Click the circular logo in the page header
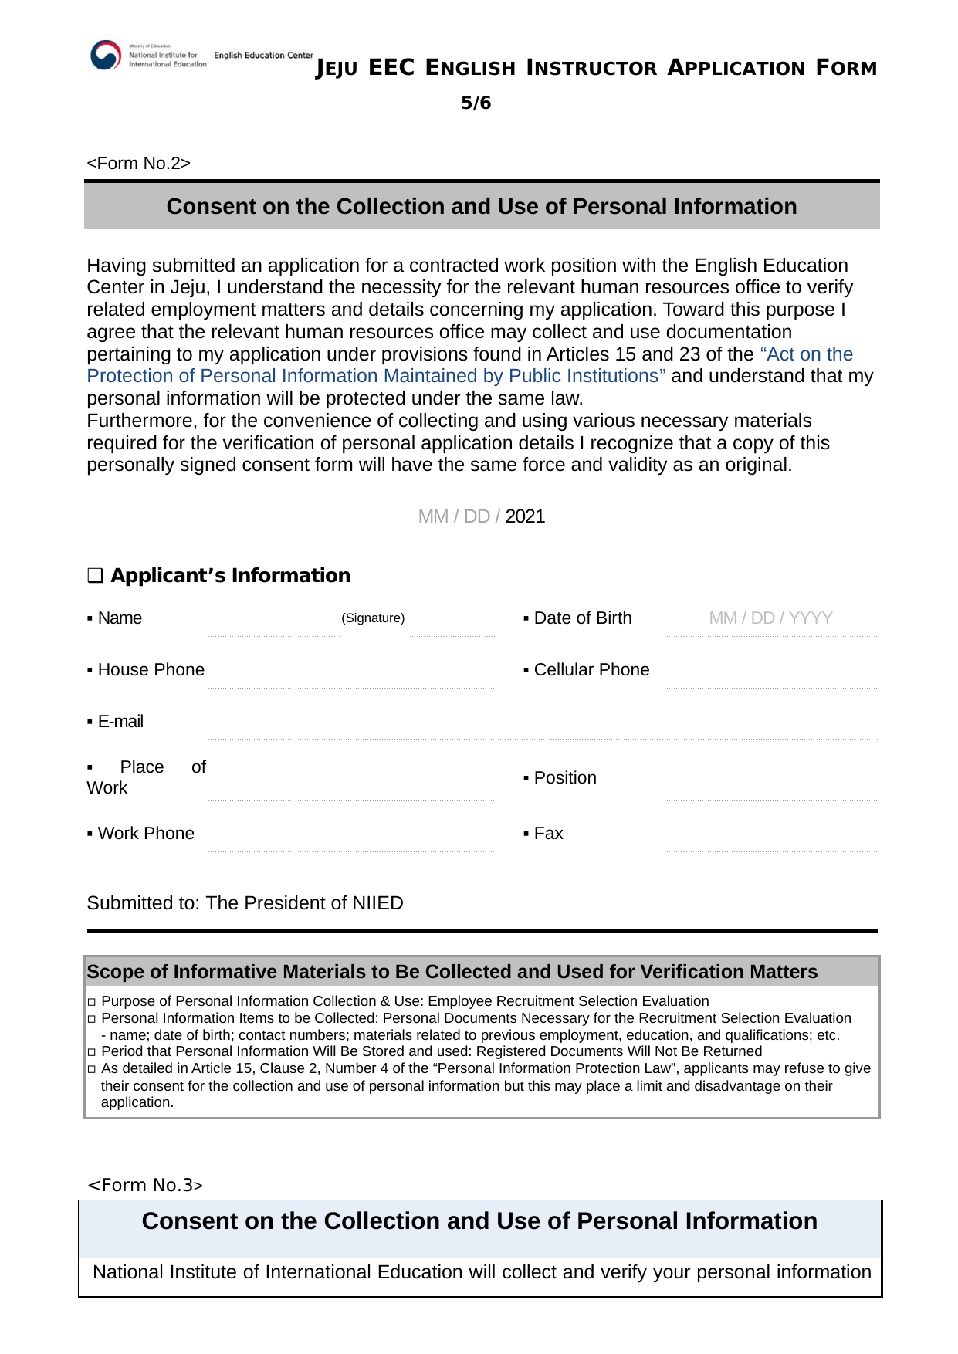click(x=106, y=56)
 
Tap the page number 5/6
click(x=476, y=103)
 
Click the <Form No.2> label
click(x=138, y=164)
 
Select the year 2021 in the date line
click(x=525, y=516)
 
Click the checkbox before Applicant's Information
click(x=95, y=576)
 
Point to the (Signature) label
click(x=373, y=618)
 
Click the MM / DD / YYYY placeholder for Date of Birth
click(x=770, y=618)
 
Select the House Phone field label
click(x=151, y=670)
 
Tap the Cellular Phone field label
click(x=591, y=670)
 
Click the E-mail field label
click(x=120, y=722)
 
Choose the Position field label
click(x=565, y=778)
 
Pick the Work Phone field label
click(x=146, y=834)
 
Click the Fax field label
click(x=548, y=834)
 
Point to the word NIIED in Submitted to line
click(x=377, y=903)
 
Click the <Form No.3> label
click(x=145, y=1185)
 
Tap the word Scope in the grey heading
click(x=116, y=972)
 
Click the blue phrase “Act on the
click(x=807, y=354)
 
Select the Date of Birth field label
click(x=582, y=618)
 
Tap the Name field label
click(x=120, y=618)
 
